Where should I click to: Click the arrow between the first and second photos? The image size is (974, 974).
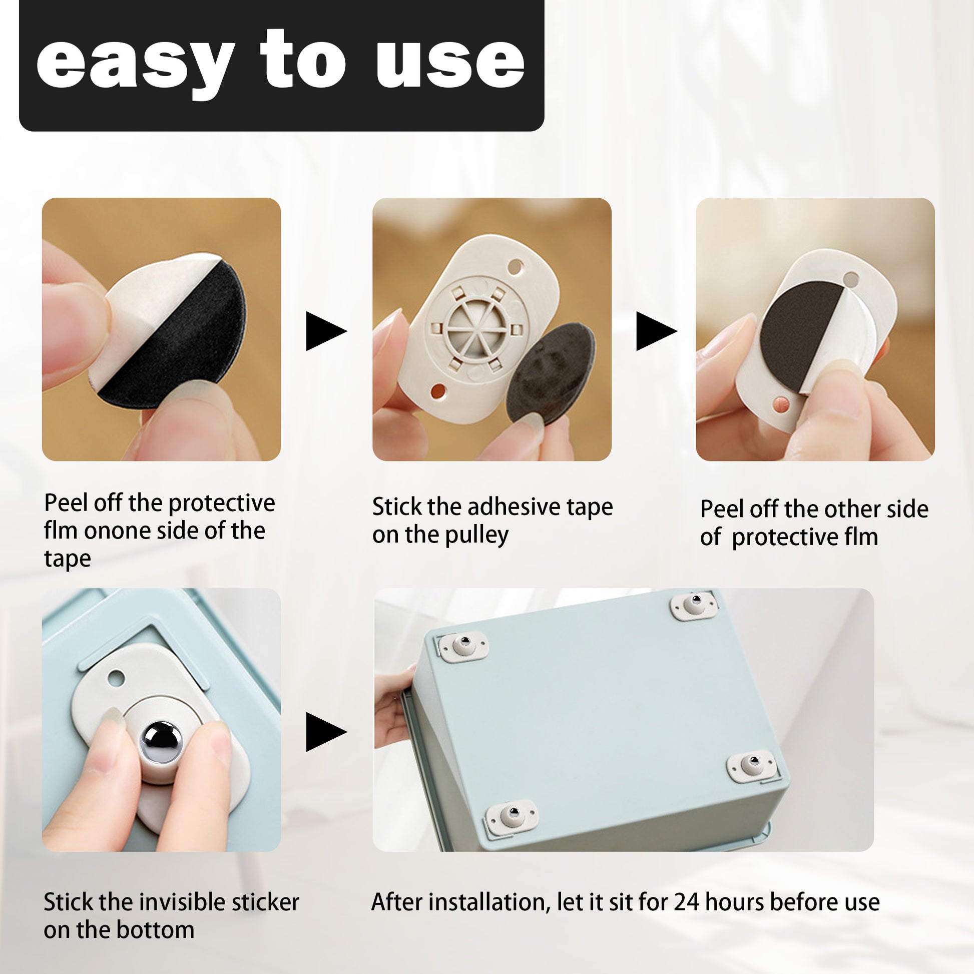[x=326, y=331]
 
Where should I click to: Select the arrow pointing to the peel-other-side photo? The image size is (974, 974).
[x=656, y=331]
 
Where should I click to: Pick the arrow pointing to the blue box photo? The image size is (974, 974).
[x=326, y=732]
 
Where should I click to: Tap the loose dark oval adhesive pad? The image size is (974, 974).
[x=550, y=373]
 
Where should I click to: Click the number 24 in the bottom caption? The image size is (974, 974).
[x=687, y=902]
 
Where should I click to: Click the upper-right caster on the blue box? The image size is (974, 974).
[x=694, y=605]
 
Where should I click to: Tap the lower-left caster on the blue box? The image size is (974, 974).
[x=511, y=815]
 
